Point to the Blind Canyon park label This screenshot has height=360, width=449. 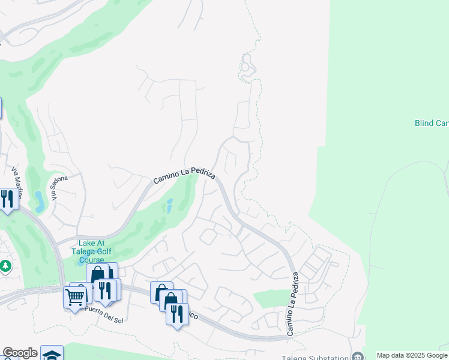pyautogui.click(x=432, y=123)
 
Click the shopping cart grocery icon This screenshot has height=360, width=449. pyautogui.click(x=74, y=296)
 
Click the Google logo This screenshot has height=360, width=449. pyautogui.click(x=20, y=353)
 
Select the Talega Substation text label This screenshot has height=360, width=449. pyautogui.click(x=319, y=356)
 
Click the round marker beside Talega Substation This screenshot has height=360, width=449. pyautogui.click(x=358, y=356)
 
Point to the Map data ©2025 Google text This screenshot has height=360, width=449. pyautogui.click(x=412, y=356)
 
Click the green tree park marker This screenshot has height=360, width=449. pyautogui.click(x=5, y=265)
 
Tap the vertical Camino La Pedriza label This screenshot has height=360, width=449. pyautogui.click(x=292, y=304)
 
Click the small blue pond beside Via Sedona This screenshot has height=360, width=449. pyautogui.click(x=39, y=197)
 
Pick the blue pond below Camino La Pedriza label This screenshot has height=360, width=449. pyautogui.click(x=169, y=206)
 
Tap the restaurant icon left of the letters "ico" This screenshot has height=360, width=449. pyautogui.click(x=177, y=314)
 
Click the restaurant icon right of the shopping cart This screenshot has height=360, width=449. pyautogui.click(x=105, y=290)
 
